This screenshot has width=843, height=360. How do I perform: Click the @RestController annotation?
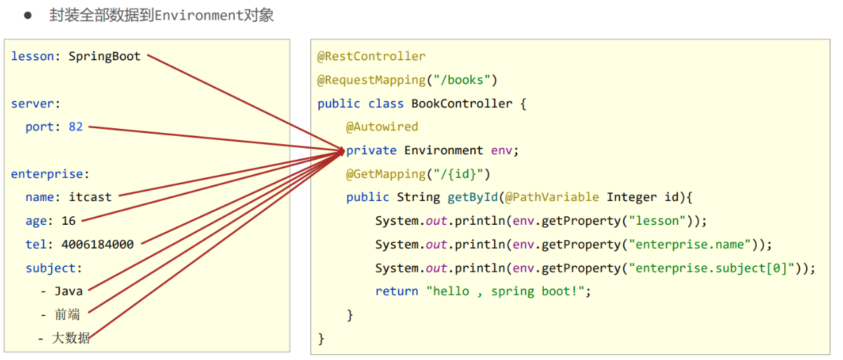click(371, 57)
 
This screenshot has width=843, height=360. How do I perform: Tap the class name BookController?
click(462, 104)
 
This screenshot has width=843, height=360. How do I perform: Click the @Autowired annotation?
click(382, 127)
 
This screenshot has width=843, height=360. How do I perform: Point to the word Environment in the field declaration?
click(444, 151)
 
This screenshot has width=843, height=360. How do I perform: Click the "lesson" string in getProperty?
click(659, 221)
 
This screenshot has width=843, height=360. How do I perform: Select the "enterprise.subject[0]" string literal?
click(713, 268)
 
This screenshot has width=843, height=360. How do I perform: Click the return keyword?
click(397, 291)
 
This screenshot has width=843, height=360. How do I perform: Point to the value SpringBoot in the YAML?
click(104, 57)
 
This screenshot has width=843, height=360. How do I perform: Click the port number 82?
click(76, 127)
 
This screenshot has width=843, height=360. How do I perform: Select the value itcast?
click(90, 198)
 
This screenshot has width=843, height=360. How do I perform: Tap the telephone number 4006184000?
click(97, 244)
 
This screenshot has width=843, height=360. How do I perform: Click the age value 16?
click(69, 221)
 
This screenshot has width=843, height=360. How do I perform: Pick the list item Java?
click(69, 291)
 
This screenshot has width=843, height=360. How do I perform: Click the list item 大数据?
click(71, 339)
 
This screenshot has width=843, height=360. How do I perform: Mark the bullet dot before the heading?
click(28, 15)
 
